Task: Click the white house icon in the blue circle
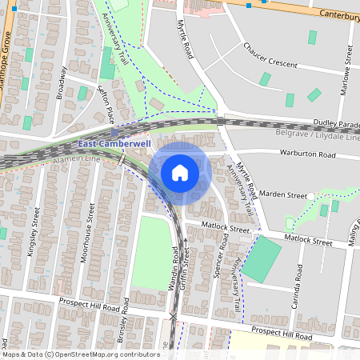click(180, 173)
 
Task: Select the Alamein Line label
click(78, 159)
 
